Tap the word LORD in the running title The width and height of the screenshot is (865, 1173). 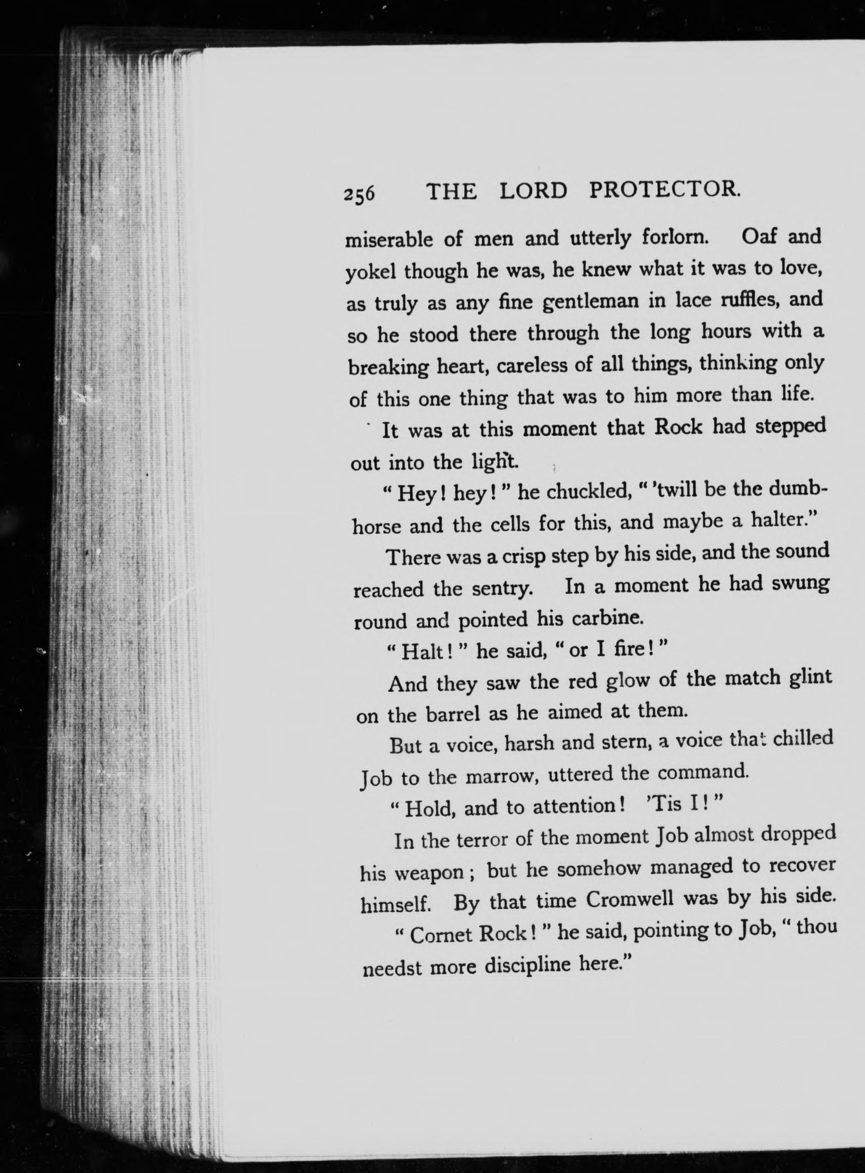click(533, 191)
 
